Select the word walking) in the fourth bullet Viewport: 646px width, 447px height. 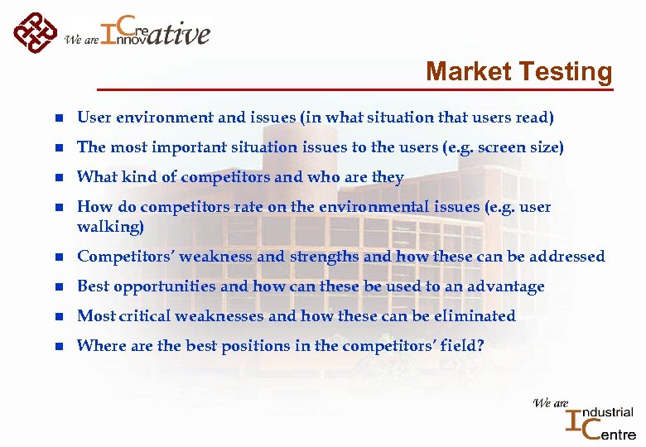(110, 226)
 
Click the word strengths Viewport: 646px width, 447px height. (324, 257)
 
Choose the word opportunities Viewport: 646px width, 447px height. (167, 286)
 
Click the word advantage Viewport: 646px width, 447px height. (506, 286)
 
